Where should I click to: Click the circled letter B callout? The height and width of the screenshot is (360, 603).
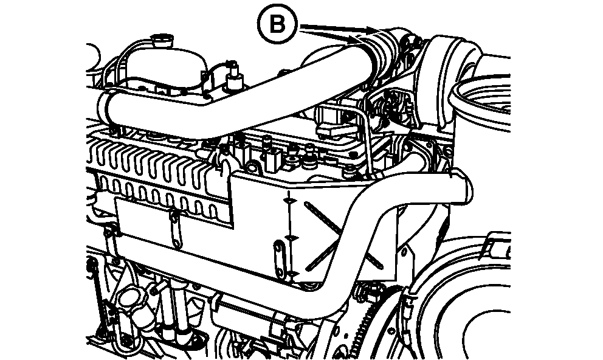[x=277, y=26]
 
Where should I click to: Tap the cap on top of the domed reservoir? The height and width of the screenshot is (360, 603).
[x=163, y=41]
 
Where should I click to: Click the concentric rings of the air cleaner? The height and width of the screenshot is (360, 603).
[x=485, y=103]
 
